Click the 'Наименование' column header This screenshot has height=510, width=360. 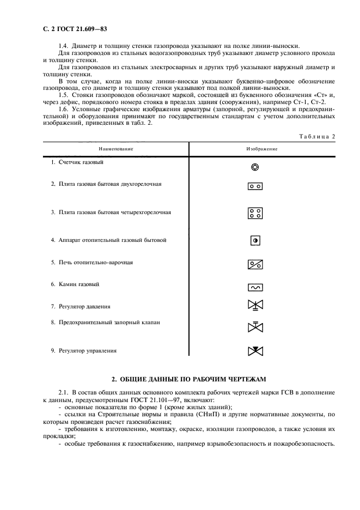tap(116, 149)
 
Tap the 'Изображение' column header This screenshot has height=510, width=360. tap(262, 149)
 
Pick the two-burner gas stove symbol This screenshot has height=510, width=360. tap(255, 186)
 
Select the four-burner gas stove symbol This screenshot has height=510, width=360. tap(255, 213)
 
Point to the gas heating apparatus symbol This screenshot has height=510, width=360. tap(255, 240)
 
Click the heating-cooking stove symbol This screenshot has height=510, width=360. tap(255, 265)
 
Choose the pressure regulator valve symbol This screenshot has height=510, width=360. tap(255, 306)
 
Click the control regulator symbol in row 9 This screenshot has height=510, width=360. tap(255, 351)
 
